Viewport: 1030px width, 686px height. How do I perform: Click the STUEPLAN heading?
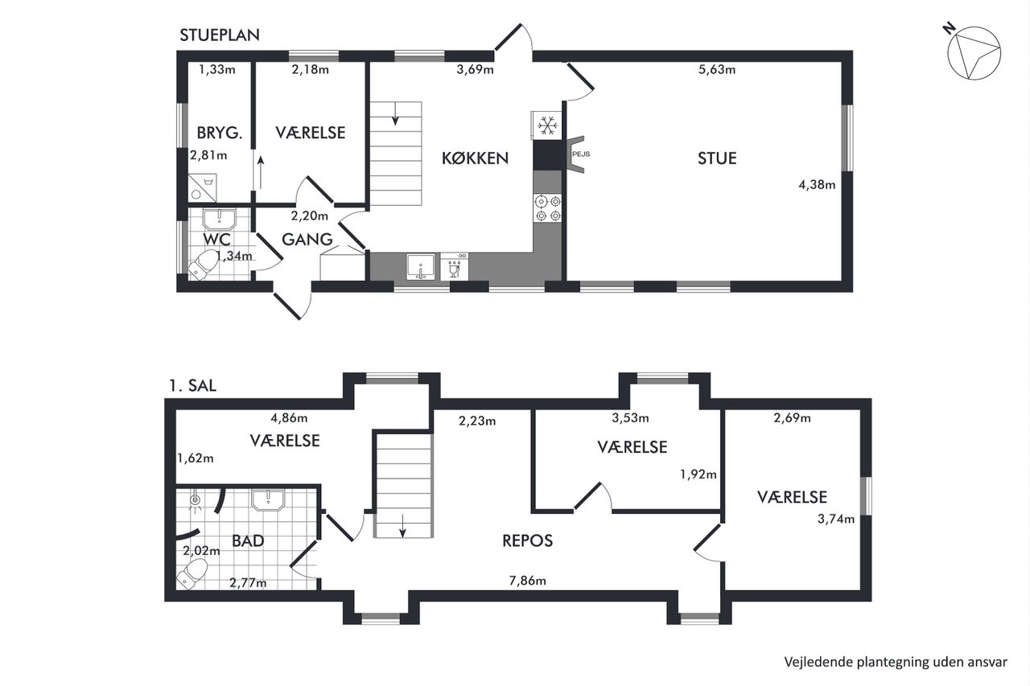[220, 35]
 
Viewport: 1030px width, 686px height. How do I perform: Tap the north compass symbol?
[973, 52]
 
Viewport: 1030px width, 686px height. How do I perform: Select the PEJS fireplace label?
[581, 154]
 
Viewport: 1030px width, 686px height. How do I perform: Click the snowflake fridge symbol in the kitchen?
[547, 125]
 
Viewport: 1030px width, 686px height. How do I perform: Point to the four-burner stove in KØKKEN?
[548, 208]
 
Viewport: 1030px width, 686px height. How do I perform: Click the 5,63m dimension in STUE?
[717, 69]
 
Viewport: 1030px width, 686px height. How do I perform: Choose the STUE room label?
[717, 158]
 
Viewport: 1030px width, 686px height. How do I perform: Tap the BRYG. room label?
[220, 134]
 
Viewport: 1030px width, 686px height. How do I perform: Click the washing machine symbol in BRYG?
[202, 188]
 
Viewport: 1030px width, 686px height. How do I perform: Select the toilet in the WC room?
[201, 265]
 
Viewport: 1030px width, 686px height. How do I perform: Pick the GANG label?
[307, 240]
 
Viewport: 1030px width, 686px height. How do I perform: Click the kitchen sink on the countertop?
[420, 267]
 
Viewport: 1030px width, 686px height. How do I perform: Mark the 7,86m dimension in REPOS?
[527, 581]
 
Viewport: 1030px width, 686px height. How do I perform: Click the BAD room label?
[248, 540]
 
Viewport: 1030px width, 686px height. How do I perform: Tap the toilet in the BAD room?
[192, 574]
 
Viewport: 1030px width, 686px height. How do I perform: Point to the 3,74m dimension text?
[836, 519]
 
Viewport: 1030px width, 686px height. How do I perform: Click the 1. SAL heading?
[192, 385]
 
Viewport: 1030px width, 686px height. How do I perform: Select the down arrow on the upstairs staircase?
[402, 526]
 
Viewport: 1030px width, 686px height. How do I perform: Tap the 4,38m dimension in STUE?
[817, 185]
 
